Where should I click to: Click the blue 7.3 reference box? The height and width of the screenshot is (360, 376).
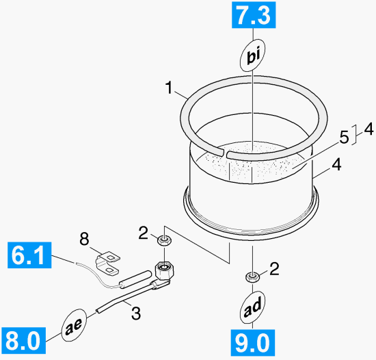[x=254, y=15]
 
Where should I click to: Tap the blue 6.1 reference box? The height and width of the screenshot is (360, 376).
[x=29, y=255]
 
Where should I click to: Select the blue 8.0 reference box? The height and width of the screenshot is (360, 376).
[x=23, y=340]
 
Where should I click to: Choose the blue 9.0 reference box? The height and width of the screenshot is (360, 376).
[x=253, y=343]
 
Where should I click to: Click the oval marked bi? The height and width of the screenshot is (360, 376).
[x=253, y=55]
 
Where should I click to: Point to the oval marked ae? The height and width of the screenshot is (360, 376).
[x=75, y=324]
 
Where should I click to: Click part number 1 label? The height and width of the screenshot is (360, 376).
[x=169, y=88]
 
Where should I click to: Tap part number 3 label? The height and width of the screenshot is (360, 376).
[x=136, y=313]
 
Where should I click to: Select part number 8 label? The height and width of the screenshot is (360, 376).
[x=84, y=239]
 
